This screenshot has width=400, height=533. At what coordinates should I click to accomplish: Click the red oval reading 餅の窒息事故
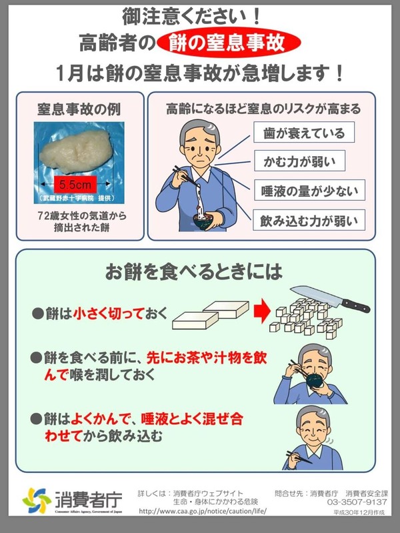pyautogui.click(x=229, y=43)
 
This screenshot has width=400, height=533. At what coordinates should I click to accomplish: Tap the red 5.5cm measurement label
pyautogui.click(x=75, y=185)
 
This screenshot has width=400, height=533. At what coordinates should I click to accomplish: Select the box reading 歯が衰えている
pyautogui.click(x=304, y=132)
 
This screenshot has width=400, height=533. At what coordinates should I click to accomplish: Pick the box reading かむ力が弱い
pyautogui.click(x=299, y=161)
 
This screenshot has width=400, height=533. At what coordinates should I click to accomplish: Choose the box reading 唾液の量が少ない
pyautogui.click(x=309, y=190)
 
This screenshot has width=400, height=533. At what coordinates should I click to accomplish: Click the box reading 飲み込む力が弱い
pyautogui.click(x=309, y=220)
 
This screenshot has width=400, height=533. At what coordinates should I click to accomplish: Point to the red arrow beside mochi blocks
pyautogui.click(x=262, y=311)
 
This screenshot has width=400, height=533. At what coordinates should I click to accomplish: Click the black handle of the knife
pyautogui.click(x=356, y=306)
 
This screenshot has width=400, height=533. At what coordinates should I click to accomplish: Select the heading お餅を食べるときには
pyautogui.click(x=194, y=272)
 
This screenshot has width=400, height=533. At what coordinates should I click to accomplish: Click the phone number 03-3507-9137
pyautogui.click(x=357, y=502)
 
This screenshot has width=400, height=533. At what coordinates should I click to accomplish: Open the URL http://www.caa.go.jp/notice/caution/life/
pyautogui.click(x=203, y=511)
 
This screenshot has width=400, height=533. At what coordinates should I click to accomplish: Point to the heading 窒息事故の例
pyautogui.click(x=79, y=109)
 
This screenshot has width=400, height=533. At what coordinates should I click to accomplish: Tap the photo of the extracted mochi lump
pyautogui.click(x=79, y=163)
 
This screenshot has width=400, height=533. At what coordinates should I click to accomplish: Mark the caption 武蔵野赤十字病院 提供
pyautogui.click(x=77, y=198)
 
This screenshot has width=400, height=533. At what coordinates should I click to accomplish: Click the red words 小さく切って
pyautogui.click(x=108, y=314)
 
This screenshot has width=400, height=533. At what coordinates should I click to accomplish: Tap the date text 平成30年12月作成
pyautogui.click(x=359, y=512)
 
